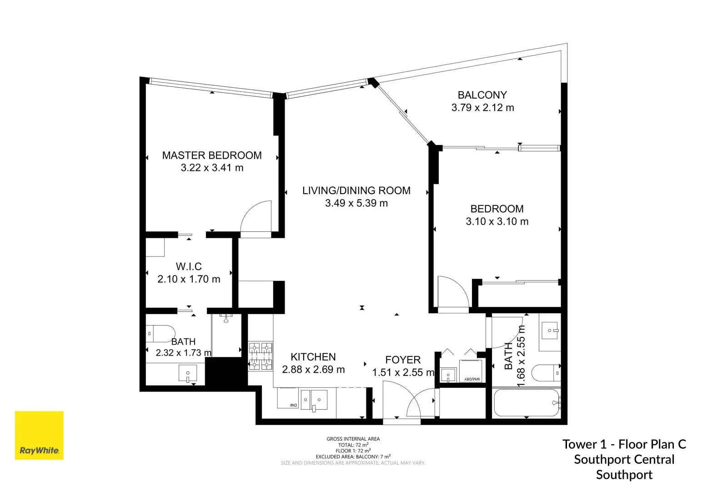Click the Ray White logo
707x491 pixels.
[39, 435]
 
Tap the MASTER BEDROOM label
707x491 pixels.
[212, 155]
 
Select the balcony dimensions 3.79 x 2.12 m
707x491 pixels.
[482, 108]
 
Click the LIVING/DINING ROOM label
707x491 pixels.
[356, 190]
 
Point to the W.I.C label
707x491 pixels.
[189, 266]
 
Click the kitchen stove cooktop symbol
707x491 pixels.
[261, 356]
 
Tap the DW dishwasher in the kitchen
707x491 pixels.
[288, 399]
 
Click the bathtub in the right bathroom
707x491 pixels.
[526, 402]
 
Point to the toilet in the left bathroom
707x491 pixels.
[160, 333]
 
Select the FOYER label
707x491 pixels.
[402, 360]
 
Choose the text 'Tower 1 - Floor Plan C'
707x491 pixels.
[624, 444]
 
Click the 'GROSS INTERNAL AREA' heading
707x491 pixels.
[353, 439]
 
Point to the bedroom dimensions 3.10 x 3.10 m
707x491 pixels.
[497, 221]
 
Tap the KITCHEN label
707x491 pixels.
[313, 357]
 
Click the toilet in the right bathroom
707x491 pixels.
[546, 373]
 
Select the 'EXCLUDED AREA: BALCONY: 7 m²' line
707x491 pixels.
[353, 456]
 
